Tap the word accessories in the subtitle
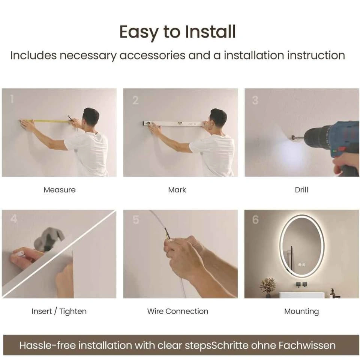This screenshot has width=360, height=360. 153,55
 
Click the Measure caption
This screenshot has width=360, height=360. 60,190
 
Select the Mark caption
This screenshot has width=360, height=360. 177,190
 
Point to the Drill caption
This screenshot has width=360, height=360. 301,190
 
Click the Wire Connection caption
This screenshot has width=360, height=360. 178,311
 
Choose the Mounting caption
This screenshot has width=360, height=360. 301,312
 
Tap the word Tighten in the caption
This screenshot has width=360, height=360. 73,312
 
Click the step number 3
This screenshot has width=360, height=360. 255,100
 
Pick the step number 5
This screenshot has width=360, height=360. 136,220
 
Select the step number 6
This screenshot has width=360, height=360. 255,220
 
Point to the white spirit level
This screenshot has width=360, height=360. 173,123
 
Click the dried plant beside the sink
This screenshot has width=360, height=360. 268,287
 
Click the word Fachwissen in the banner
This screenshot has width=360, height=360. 307,345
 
